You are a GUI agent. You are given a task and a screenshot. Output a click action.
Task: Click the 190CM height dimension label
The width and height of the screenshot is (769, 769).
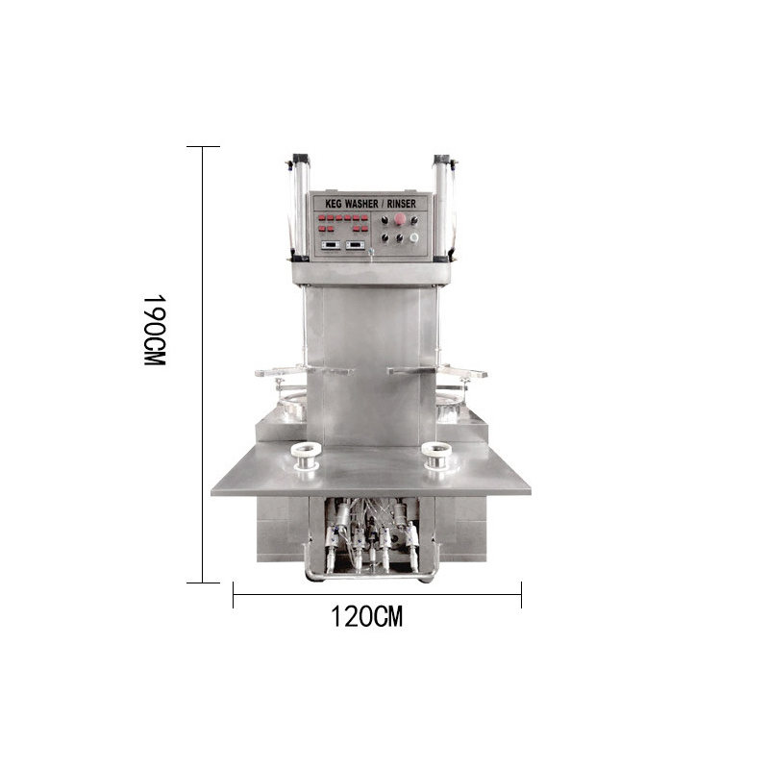155,330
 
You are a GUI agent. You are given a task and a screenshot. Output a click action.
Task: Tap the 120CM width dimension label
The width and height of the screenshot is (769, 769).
367,616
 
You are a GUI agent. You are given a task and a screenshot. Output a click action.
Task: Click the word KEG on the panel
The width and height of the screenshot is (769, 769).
334,203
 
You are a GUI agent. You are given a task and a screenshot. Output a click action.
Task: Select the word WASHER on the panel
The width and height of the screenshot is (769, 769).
362,203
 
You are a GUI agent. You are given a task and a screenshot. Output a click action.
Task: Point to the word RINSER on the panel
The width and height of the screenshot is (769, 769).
401,203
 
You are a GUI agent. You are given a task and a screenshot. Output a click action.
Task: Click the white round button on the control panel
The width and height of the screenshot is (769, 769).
414,237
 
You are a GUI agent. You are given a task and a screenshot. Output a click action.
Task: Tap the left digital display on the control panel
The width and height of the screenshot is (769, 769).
330,245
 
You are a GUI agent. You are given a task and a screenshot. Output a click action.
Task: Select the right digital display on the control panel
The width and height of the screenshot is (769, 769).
355,245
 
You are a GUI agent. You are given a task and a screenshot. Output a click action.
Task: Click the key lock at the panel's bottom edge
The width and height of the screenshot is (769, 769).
371,252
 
